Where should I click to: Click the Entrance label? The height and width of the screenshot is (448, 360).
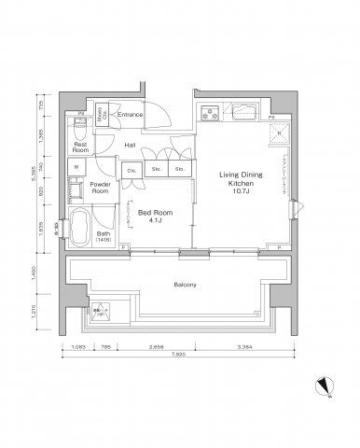(x=131, y=116)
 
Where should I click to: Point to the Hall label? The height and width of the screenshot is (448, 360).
(x=132, y=146)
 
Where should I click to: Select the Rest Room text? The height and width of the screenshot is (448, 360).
(x=80, y=147)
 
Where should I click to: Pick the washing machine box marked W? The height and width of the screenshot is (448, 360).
(x=75, y=168)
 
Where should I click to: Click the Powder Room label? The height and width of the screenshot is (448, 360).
(x=101, y=187)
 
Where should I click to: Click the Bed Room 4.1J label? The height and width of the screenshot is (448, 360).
(x=153, y=217)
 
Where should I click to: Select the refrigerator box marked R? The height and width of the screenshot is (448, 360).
(x=277, y=134)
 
